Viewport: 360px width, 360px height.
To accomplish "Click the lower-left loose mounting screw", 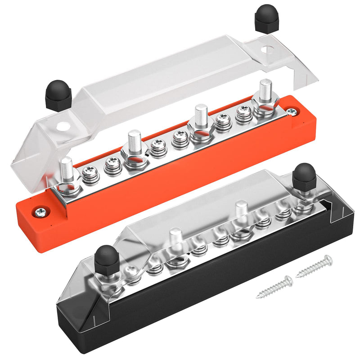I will click(x=274, y=288).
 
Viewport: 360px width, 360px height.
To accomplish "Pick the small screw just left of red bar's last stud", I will click(x=244, y=112).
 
